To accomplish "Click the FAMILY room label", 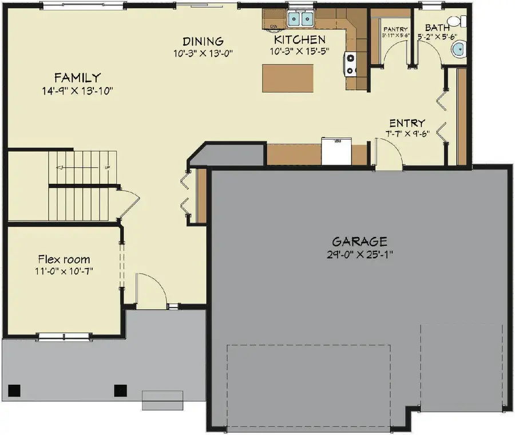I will click(78, 77).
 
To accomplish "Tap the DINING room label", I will click(203, 41).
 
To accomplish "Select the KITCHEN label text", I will click(300, 39).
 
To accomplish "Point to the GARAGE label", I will click(359, 241).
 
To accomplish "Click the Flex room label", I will click(64, 259).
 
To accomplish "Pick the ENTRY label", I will click(407, 123).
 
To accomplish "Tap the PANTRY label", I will click(395, 29).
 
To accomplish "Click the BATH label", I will click(437, 27).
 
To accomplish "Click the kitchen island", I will click(288, 78).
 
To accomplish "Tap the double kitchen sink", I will click(300, 19).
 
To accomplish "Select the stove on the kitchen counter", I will click(350, 64).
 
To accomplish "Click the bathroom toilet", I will click(455, 21).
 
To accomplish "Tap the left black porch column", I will click(15, 390).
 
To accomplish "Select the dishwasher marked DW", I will click(273, 26).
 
